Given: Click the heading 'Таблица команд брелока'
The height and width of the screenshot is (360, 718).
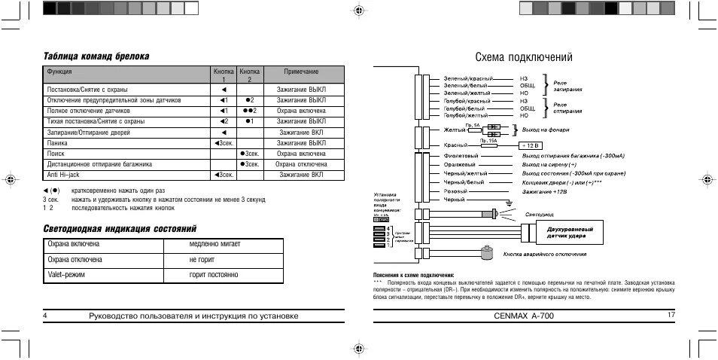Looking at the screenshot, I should (x=96, y=56).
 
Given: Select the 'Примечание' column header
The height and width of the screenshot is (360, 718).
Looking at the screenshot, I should (x=301, y=72).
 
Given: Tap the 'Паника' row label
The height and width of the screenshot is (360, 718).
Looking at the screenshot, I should (x=57, y=142).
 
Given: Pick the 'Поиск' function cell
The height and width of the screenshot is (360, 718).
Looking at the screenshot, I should (x=56, y=153).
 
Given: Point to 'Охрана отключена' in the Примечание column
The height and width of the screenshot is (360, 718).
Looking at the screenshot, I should (x=301, y=163).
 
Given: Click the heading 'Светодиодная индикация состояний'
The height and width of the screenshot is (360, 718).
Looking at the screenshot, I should (x=120, y=227).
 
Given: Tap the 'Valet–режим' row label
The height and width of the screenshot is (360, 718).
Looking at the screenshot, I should (x=67, y=276).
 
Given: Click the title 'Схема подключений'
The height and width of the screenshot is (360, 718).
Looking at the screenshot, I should (x=524, y=57).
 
